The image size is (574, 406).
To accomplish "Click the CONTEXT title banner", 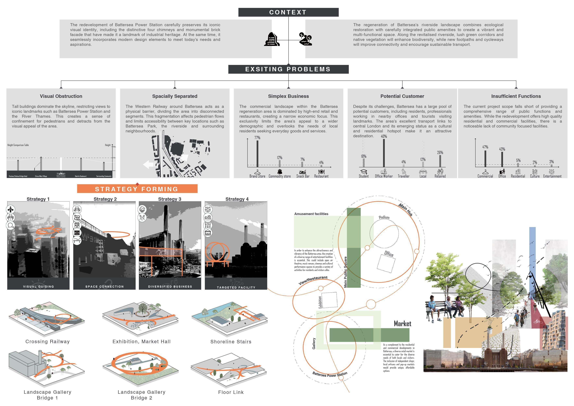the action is click(288, 12).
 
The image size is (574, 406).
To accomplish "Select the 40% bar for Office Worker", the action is click(384, 153).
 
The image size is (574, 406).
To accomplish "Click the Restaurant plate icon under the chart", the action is click(321, 172).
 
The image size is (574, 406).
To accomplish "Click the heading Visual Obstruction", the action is click(61, 96).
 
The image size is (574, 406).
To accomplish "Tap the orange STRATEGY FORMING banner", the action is click(137, 189).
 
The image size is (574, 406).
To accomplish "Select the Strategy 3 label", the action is click(169, 199).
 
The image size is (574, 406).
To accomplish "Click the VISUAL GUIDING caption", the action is click(38, 286).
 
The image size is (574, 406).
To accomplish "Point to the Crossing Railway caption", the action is click(47, 342).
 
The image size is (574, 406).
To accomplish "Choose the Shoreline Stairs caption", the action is click(231, 342).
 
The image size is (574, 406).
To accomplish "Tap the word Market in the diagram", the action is click(402, 324).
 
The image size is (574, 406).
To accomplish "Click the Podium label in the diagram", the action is click(384, 217).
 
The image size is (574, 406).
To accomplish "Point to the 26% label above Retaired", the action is click(440, 153).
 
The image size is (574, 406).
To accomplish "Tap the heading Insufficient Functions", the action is click(516, 96).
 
